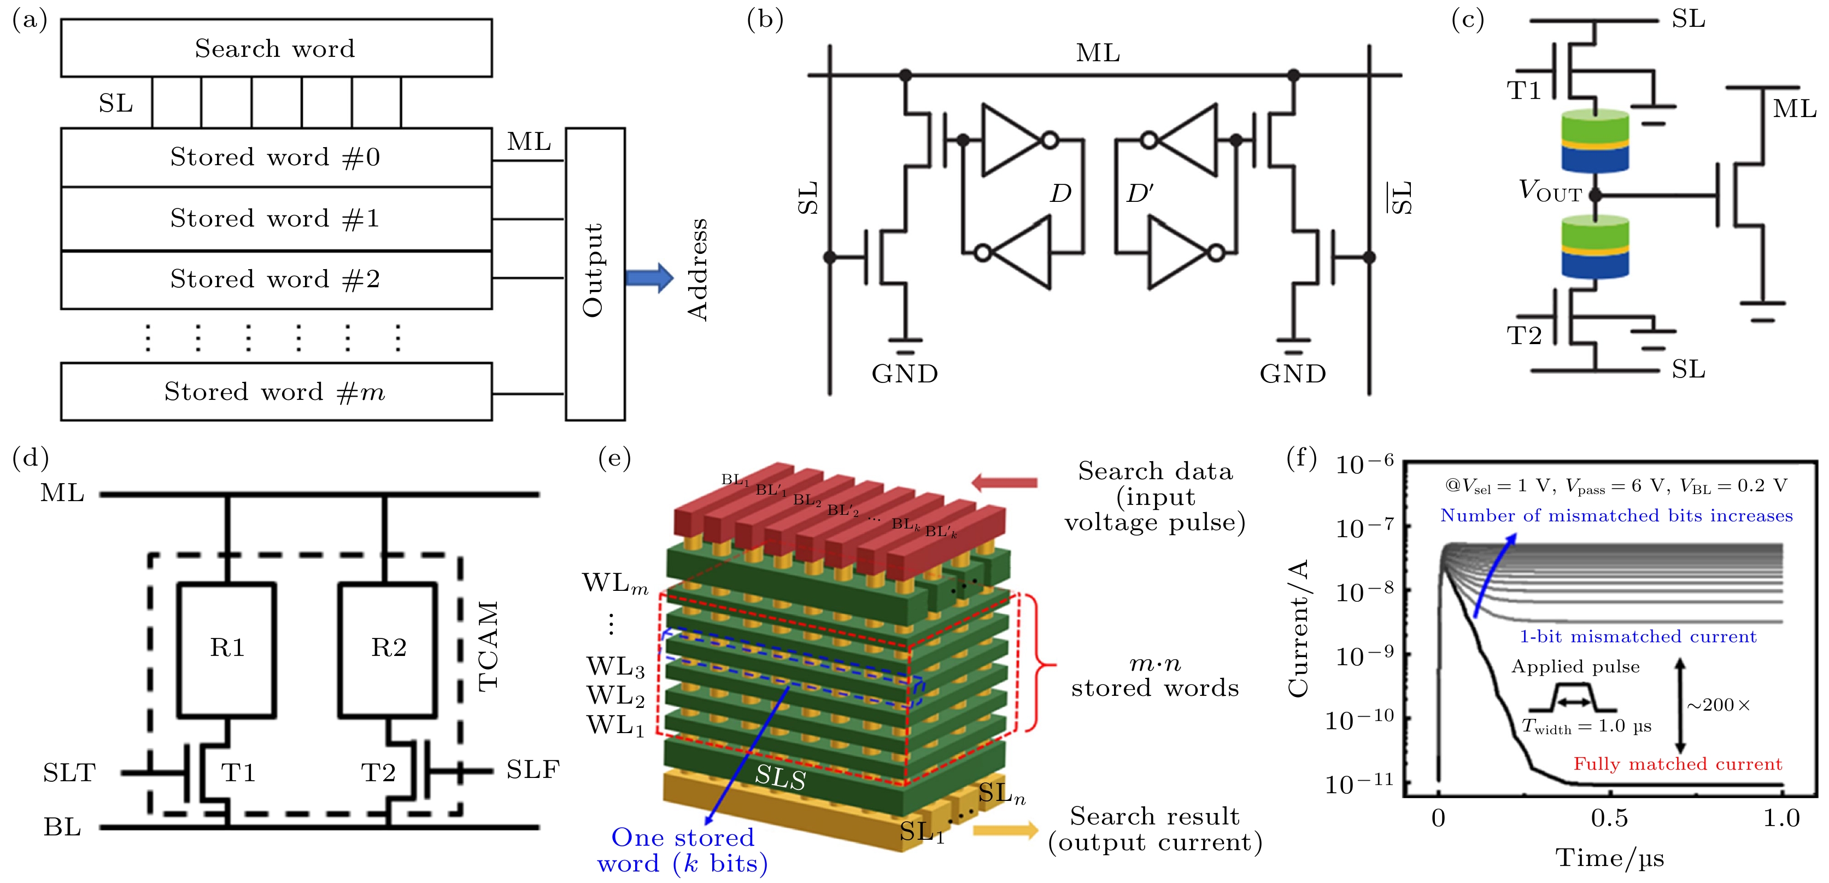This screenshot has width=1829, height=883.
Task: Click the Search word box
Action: point(275,48)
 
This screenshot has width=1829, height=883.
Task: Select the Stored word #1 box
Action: point(275,218)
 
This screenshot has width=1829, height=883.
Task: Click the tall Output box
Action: point(594,274)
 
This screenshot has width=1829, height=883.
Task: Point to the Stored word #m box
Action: point(275,391)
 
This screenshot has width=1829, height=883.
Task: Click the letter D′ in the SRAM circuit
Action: point(1140,193)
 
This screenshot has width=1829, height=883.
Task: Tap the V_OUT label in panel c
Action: point(1550,191)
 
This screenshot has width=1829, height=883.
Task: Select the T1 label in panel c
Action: point(1523,91)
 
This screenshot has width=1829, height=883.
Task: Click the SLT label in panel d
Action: point(69,772)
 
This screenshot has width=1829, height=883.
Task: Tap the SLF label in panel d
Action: point(532,769)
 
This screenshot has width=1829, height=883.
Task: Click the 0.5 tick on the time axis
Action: point(1609,818)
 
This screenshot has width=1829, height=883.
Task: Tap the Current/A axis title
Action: point(1299,628)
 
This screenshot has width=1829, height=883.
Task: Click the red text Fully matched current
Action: point(1677,764)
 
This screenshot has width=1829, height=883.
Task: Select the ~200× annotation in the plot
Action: point(1718,705)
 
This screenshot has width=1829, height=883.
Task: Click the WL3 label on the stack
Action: point(615,666)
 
